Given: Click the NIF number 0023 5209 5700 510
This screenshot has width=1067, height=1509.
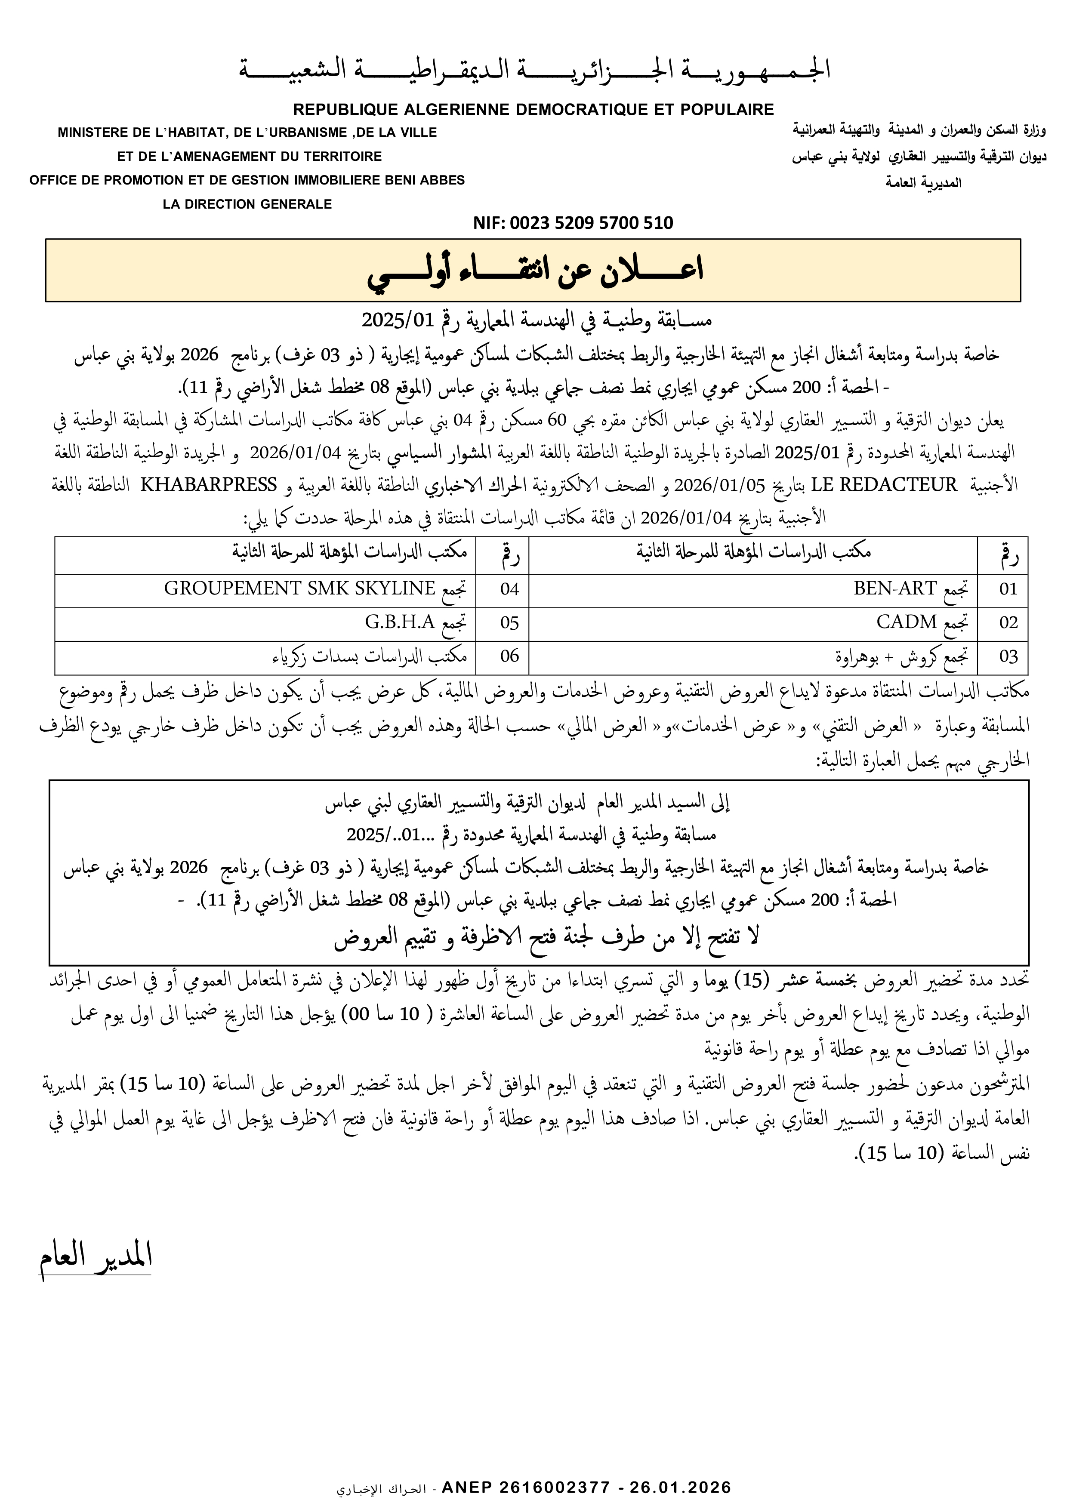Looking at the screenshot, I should pos(573,223).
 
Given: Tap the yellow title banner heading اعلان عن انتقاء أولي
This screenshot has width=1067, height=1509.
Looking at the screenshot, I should pos(534,271).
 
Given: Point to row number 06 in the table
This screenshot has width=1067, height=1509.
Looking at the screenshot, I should pos(509,656).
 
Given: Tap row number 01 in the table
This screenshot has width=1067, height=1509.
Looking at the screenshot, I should pos(1008,589).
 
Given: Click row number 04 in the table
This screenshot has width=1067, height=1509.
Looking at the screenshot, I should pos(509,589).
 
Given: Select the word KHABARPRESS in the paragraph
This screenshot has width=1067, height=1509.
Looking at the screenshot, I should pos(208,486).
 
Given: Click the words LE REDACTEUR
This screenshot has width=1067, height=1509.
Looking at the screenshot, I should pos(884,486).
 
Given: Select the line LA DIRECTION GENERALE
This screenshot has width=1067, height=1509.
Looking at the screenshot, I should pos(247,204).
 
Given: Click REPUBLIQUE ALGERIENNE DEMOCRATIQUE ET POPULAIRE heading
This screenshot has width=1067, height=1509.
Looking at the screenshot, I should pos(533,110).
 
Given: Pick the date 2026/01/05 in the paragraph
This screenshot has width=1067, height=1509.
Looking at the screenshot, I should pos(720,486).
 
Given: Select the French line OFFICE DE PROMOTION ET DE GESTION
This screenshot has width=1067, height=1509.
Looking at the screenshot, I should pos(247,180).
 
